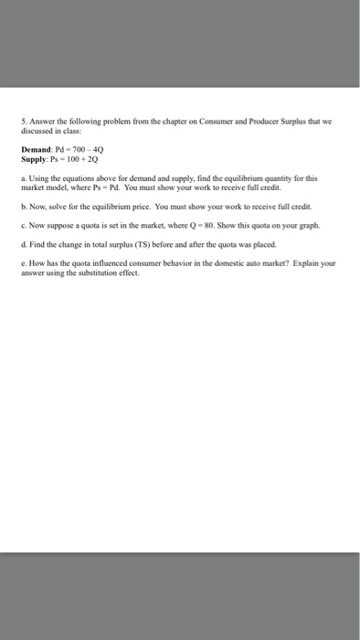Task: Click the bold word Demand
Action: (37, 149)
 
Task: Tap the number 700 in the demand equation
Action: (78, 149)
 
